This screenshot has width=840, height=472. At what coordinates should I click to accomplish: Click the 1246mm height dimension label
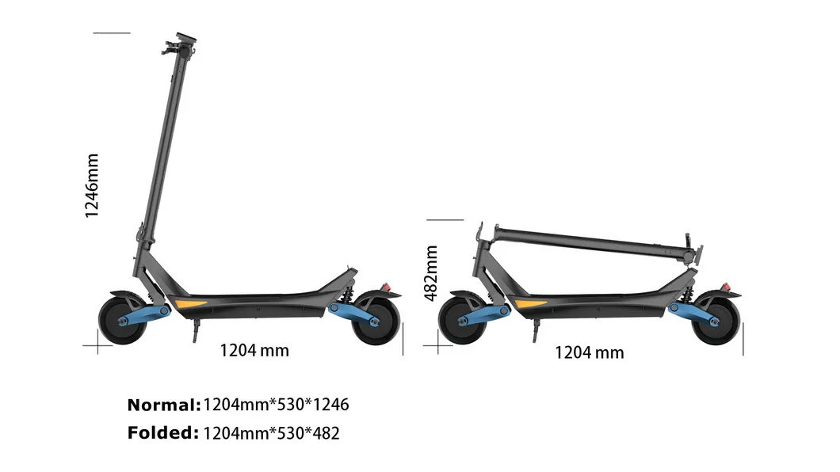click(x=92, y=185)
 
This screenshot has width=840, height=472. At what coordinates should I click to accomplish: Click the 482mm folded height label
click(x=431, y=272)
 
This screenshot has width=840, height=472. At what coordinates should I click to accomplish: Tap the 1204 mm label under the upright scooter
click(x=254, y=349)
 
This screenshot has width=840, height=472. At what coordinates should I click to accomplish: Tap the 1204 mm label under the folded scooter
click(x=589, y=352)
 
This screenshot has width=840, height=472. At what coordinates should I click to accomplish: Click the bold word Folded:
click(x=162, y=433)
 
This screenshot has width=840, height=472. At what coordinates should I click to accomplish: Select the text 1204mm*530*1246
click(x=276, y=405)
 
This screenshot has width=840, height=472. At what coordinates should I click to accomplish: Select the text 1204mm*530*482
click(x=271, y=433)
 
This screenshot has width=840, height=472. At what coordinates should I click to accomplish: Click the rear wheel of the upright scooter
click(x=375, y=320)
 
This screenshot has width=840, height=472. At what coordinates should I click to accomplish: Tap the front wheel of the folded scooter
click(x=461, y=320)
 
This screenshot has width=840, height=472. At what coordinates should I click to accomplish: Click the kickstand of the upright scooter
click(x=193, y=333)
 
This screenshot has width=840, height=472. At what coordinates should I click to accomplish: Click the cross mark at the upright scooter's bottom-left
click(x=97, y=345)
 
